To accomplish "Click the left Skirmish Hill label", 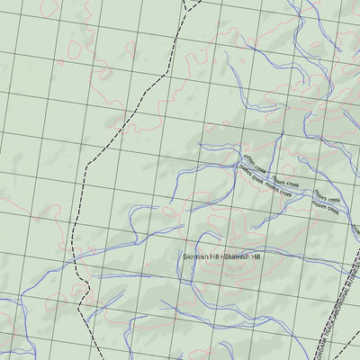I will [201, 257].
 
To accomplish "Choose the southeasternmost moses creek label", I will [326, 209].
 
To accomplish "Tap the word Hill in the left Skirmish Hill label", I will [213, 257].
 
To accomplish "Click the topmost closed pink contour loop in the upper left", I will [72, 49].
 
